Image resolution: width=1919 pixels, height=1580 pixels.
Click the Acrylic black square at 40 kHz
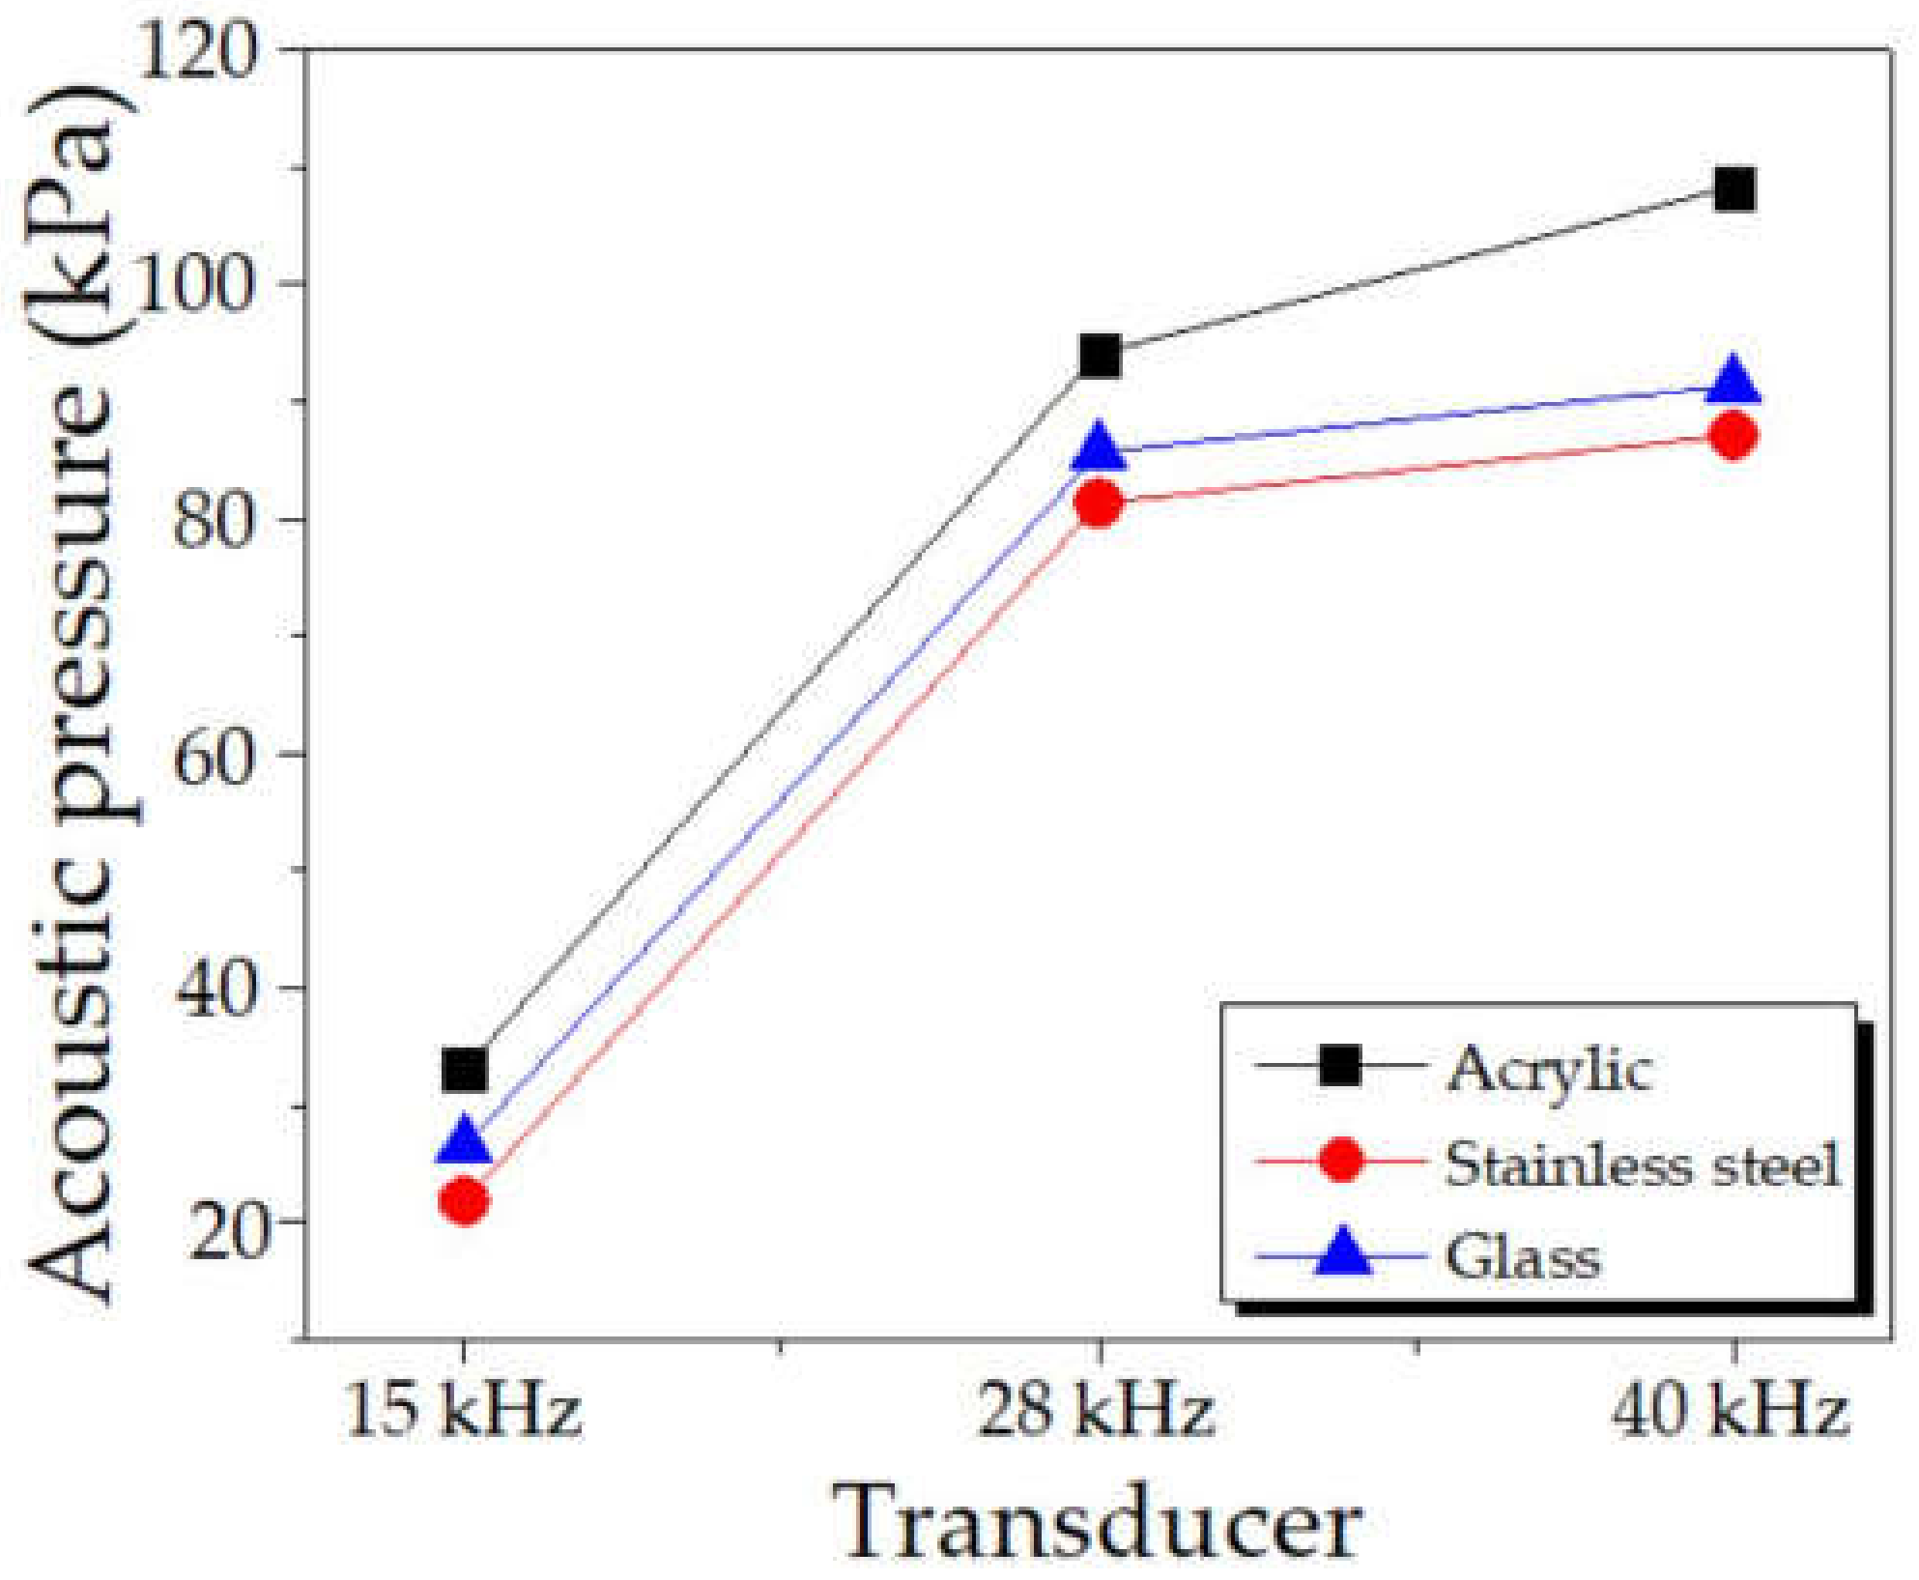[x=1734, y=190]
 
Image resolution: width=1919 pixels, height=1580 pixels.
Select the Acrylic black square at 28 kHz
[x=1100, y=357]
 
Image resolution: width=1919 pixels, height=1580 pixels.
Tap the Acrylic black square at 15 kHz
[x=464, y=1070]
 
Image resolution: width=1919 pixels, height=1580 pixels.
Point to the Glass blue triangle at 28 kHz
[x=1100, y=446]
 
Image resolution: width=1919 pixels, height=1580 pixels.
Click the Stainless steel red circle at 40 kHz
[x=1734, y=436]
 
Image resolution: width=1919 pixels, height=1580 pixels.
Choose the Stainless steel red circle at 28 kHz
[x=1100, y=503]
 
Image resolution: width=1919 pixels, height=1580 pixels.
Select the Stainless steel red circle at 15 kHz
[x=465, y=1201]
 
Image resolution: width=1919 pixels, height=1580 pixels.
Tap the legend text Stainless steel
[x=1642, y=1164]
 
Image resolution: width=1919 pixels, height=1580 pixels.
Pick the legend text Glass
[x=1523, y=1257]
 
